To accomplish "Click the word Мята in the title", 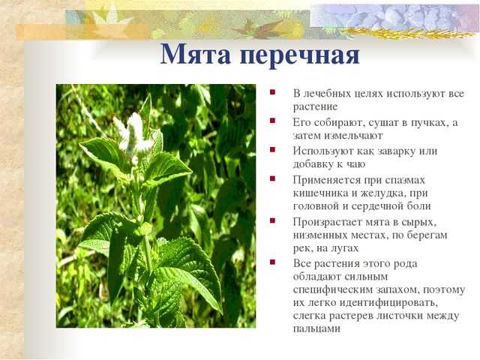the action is (x=195, y=55).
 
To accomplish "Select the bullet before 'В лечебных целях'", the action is (x=272, y=91).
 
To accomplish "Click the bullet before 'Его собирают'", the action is (x=272, y=121).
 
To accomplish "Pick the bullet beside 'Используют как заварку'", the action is (x=272, y=149).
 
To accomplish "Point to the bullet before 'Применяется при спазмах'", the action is (x=272, y=178).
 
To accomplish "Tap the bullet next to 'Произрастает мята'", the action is (x=272, y=220).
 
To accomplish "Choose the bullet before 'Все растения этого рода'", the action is (x=272, y=262).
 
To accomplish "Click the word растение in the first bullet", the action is (x=315, y=107).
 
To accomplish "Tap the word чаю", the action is (x=355, y=164).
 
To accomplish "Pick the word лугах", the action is (x=343, y=248).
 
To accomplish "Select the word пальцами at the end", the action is (x=316, y=329).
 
